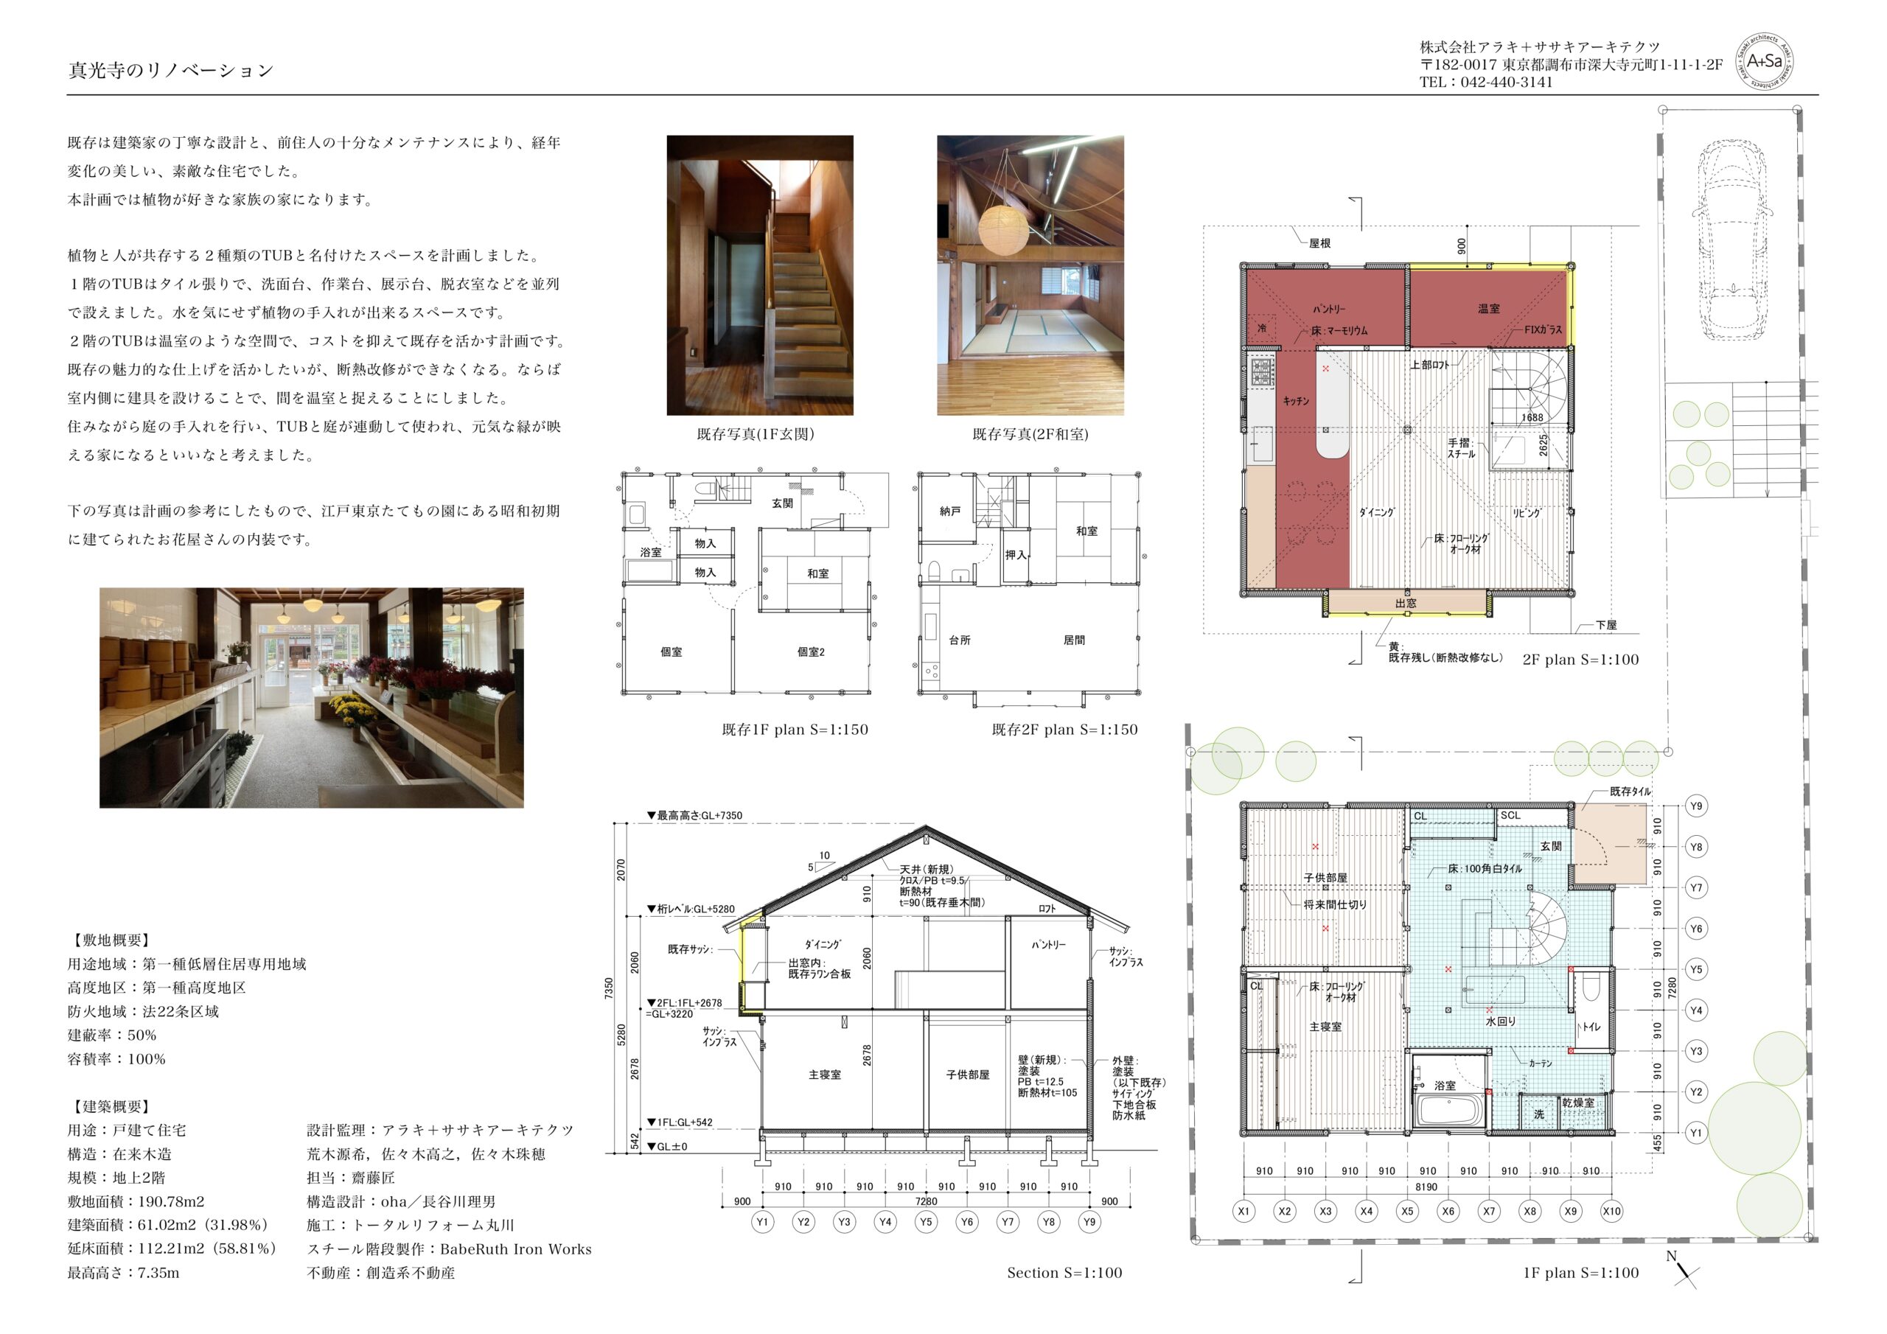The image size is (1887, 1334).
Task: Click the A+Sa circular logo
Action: tap(1764, 62)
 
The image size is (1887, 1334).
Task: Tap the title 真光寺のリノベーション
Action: tap(171, 71)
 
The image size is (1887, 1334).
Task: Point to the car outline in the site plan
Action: tap(1733, 240)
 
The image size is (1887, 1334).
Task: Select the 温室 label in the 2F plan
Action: tap(1488, 309)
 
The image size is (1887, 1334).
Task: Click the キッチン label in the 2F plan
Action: tap(1296, 401)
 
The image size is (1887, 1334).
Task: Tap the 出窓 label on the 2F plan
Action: tap(1406, 604)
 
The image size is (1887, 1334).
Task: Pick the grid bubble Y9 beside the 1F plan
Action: tap(1696, 806)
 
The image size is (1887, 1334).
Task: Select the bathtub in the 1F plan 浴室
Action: tap(1449, 1111)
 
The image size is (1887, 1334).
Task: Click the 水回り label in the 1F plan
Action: tap(1501, 1022)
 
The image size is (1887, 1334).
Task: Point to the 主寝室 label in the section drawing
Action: tap(824, 1075)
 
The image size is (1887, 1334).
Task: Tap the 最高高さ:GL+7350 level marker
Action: tap(694, 815)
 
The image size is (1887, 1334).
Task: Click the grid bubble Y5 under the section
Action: tap(927, 1221)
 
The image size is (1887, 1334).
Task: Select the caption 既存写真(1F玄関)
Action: tap(756, 434)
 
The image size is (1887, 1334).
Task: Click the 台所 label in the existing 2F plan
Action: tap(960, 640)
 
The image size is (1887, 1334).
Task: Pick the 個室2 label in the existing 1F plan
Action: tap(810, 652)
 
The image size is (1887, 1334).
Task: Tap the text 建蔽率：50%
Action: tap(112, 1036)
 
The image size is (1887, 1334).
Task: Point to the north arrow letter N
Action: tap(1671, 1256)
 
